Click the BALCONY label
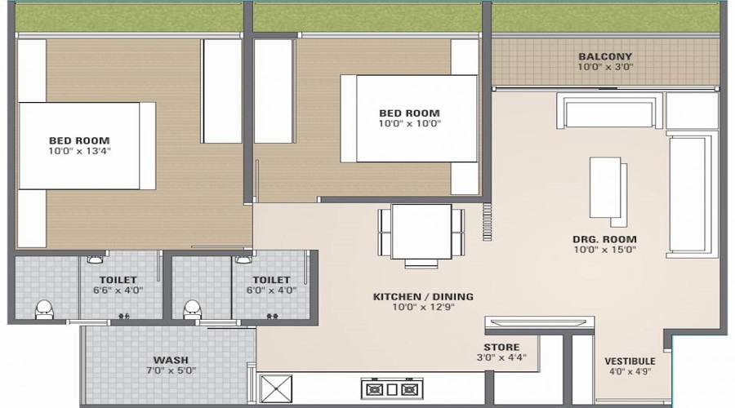(605, 56)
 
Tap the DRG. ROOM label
(604, 239)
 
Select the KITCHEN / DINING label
(423, 296)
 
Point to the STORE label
(501, 347)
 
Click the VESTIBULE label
(630, 361)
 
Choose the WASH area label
(171, 360)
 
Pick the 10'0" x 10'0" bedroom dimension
(409, 124)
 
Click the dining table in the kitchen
(421, 233)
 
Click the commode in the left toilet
(44, 308)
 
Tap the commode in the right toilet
(193, 308)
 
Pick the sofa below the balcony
(608, 112)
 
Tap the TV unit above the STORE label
(537, 323)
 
